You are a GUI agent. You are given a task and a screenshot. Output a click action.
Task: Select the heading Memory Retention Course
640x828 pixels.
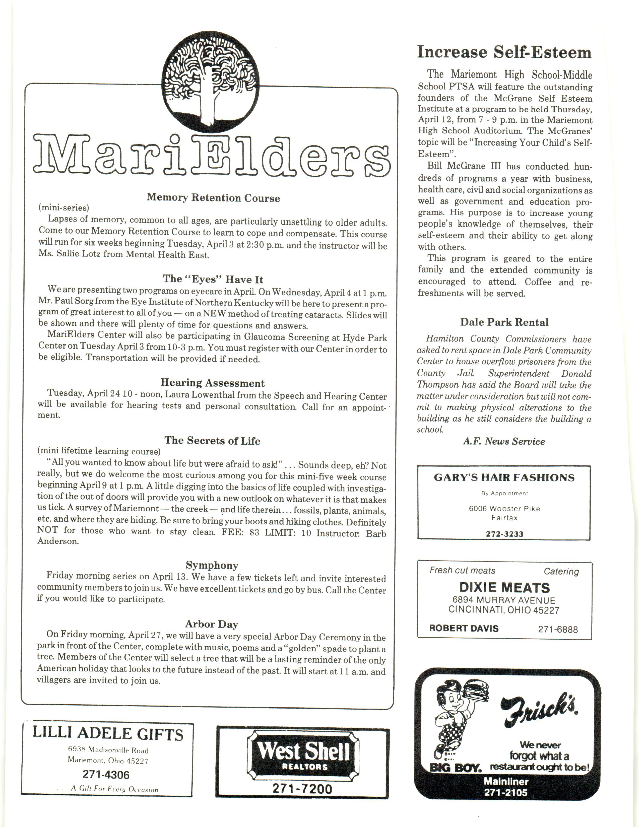213,198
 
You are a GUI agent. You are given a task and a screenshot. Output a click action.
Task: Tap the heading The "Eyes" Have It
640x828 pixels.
213,280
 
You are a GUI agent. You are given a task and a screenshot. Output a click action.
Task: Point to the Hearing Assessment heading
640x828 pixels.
212,383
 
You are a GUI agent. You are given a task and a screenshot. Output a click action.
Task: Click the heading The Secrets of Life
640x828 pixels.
212,441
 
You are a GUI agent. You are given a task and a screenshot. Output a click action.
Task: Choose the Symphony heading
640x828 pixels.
212,565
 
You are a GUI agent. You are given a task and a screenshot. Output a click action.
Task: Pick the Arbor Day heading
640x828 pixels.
212,624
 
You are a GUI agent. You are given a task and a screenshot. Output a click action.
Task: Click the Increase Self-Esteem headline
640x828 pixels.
504,52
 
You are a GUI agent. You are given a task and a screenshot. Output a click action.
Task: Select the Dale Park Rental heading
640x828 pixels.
504,322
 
